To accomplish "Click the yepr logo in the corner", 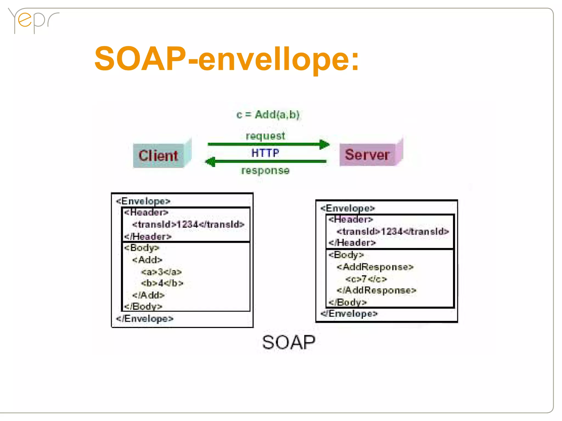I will (x=33, y=21).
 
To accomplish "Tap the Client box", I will (x=159, y=156).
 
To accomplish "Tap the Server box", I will (x=368, y=154).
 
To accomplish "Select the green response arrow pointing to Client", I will (x=266, y=162).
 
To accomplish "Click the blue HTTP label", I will (x=265, y=153).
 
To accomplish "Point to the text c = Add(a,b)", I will (x=268, y=115).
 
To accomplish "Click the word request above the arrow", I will (x=265, y=136).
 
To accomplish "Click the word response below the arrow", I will (x=265, y=170).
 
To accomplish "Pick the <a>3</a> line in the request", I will (x=161, y=272).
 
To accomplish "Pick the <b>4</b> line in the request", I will (x=162, y=283).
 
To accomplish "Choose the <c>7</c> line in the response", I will (x=366, y=279).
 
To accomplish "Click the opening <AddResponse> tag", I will (x=375, y=267).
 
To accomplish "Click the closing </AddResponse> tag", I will (x=376, y=290).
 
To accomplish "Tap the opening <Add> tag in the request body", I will (x=147, y=260).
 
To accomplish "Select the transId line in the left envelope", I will (x=188, y=224).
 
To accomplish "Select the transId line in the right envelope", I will (x=393, y=231).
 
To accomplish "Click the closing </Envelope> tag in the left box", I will (x=145, y=318).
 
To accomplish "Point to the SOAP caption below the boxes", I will (x=289, y=342).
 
